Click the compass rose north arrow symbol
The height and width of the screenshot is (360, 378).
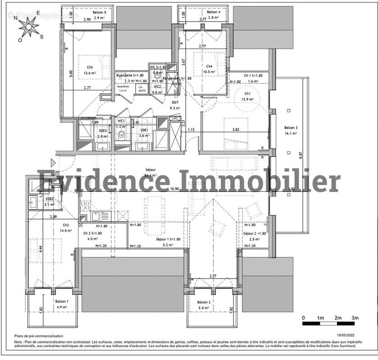click(29, 27)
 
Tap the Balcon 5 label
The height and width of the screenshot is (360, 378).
click(100, 13)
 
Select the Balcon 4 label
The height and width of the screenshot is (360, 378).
click(213, 12)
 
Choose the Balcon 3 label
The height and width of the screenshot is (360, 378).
click(291, 127)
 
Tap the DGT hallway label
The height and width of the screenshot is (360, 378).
click(175, 103)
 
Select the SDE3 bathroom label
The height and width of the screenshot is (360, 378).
click(102, 130)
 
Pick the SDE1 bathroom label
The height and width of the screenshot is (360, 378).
click(144, 130)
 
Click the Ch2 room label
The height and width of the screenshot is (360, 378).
click(66, 225)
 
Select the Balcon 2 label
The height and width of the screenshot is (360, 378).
click(203, 302)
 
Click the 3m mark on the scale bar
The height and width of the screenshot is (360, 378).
click(355, 318)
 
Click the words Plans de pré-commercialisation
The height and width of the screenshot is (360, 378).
click(39, 336)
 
